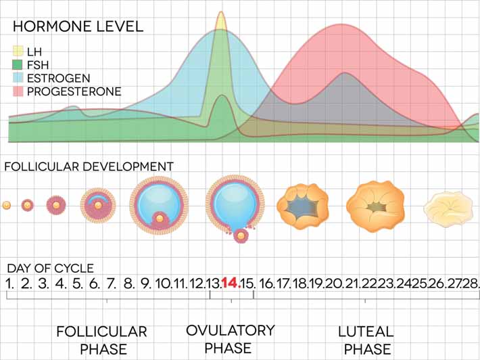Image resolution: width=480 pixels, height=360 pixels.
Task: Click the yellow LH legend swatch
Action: (18, 51)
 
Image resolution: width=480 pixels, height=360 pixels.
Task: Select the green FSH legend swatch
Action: (18, 64)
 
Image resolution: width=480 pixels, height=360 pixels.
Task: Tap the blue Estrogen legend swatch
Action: (18, 78)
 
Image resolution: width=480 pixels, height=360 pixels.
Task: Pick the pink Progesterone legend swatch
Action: (18, 91)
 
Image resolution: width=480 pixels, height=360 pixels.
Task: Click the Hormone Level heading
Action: (78, 27)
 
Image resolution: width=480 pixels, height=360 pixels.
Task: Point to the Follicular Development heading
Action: (89, 166)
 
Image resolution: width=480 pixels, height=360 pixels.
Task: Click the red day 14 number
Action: (231, 283)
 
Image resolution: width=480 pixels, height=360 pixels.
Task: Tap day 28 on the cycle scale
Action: (471, 283)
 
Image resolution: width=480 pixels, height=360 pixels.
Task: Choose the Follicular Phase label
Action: (101, 340)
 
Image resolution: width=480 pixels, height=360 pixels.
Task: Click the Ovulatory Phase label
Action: (231, 339)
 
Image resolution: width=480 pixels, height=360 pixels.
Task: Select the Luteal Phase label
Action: (366, 340)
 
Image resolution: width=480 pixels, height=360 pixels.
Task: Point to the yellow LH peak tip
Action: (220, 13)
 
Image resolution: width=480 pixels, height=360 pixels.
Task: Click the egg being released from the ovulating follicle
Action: (240, 235)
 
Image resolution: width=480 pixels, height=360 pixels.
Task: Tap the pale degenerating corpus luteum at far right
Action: (448, 208)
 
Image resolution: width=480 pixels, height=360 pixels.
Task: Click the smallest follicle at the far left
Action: (7, 205)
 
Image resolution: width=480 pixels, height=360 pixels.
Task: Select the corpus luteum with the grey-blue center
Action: (302, 204)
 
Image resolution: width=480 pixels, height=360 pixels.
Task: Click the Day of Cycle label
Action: (51, 268)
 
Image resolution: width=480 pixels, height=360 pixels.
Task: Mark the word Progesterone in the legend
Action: (74, 91)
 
